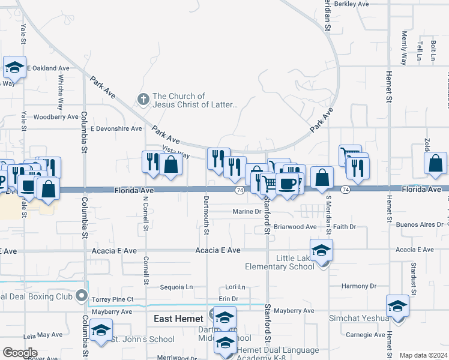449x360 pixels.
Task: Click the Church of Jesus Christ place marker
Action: [143, 100]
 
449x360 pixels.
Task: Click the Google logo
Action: [19, 352]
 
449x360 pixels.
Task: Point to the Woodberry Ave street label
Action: [56, 117]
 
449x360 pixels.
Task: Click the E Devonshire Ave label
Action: [116, 128]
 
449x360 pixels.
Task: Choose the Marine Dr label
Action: [247, 211]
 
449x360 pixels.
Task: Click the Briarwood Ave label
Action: [295, 227]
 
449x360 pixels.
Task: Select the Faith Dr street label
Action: [345, 227]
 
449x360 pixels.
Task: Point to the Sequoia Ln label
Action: [177, 287]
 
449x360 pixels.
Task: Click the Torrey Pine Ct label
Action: [113, 299]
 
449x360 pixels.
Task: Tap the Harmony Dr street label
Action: [358, 286]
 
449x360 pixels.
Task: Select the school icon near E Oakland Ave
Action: [14, 67]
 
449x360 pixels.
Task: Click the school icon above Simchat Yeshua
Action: [397, 306]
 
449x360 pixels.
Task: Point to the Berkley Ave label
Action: [352, 4]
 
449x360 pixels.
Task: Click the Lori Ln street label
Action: [235, 287]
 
